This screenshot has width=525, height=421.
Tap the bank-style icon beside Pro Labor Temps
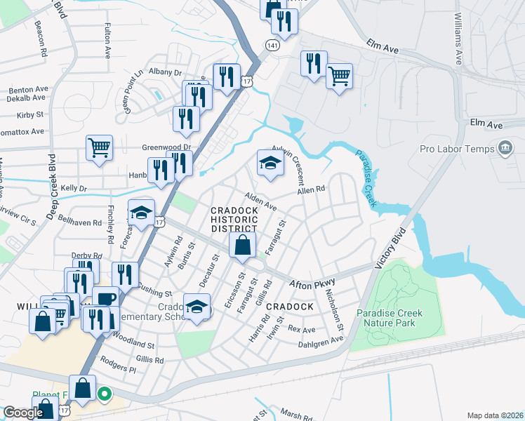tap(505, 148)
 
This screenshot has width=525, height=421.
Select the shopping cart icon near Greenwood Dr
tap(100, 148)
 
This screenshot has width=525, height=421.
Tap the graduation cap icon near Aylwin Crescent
tap(270, 163)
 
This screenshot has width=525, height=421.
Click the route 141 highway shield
tap(270, 45)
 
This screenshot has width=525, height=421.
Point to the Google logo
tap(23, 412)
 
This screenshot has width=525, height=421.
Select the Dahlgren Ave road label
tap(322, 340)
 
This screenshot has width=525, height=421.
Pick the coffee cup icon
tap(105, 299)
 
